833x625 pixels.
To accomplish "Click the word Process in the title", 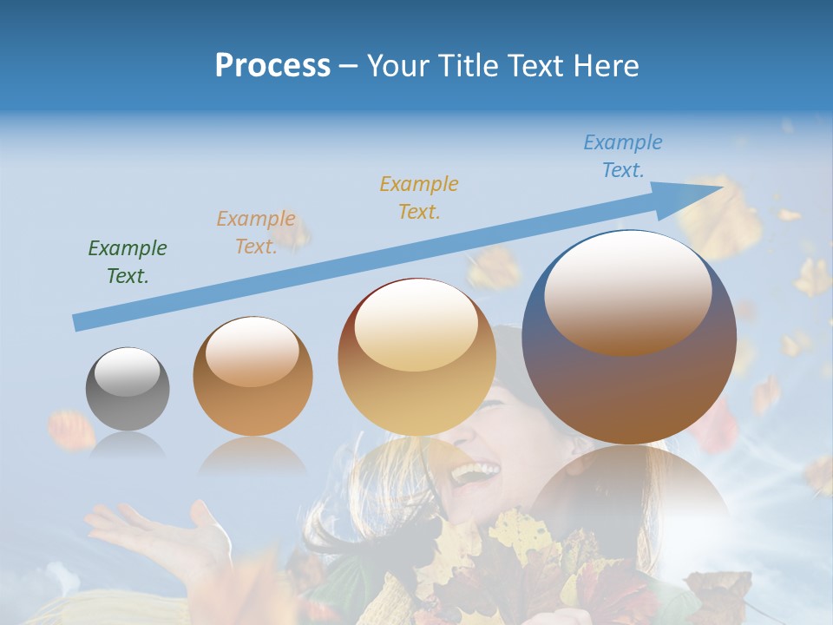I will [x=272, y=66].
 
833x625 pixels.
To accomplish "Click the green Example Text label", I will [x=128, y=262].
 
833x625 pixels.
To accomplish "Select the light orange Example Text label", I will [x=256, y=233].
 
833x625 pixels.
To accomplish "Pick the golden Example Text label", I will [x=419, y=197].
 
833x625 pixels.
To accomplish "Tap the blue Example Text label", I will [x=623, y=156].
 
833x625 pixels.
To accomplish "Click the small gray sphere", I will [x=128, y=389].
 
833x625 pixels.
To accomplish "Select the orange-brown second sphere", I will [x=253, y=377].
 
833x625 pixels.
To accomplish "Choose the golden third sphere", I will [x=416, y=358].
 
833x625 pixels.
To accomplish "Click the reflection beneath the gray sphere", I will [x=127, y=447].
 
